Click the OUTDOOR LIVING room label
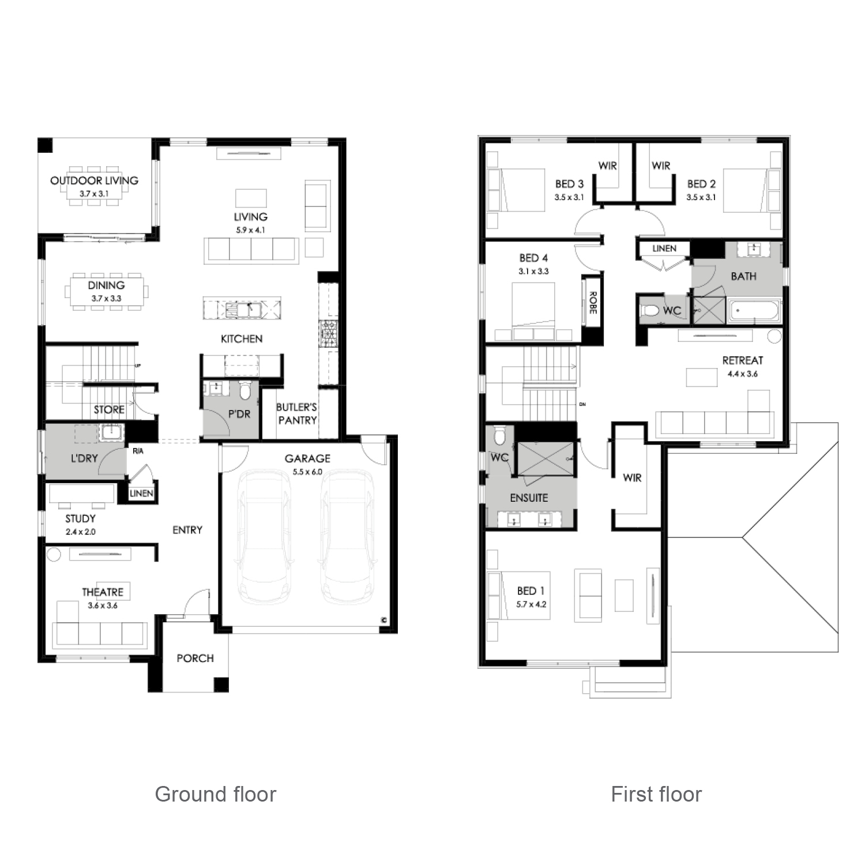pyautogui.click(x=94, y=180)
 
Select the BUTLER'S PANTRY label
pyautogui.click(x=297, y=413)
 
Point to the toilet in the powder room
pyautogui.click(x=245, y=391)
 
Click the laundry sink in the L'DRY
pyautogui.click(x=108, y=431)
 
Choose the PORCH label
pyautogui.click(x=195, y=658)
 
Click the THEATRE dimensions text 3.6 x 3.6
pyautogui.click(x=103, y=605)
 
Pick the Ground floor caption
pyautogui.click(x=216, y=794)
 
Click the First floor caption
pyautogui.click(x=656, y=794)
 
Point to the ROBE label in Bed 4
pyautogui.click(x=592, y=302)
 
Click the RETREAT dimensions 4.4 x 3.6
pyautogui.click(x=743, y=374)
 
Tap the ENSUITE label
pyautogui.click(x=529, y=498)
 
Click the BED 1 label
pyautogui.click(x=531, y=591)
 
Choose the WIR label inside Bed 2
pyautogui.click(x=661, y=166)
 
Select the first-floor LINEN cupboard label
pyautogui.click(x=664, y=249)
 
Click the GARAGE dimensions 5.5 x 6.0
pyautogui.click(x=307, y=472)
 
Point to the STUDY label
pyautogui.click(x=80, y=518)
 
